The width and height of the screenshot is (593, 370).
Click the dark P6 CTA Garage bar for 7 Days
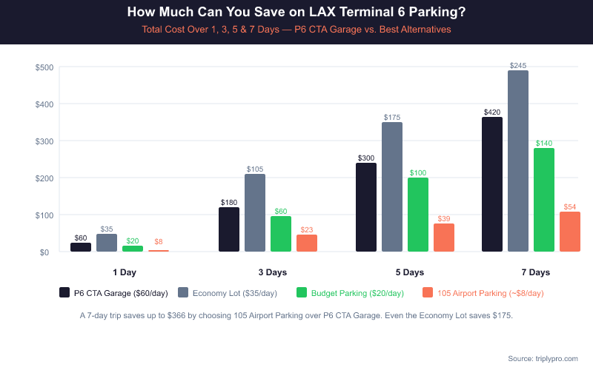point(492,185)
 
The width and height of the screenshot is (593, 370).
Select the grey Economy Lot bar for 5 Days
point(392,187)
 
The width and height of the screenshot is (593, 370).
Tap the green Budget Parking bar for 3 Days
point(281,234)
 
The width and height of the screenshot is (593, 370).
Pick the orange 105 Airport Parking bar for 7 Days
point(570,232)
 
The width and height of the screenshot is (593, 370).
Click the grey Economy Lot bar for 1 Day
point(107,243)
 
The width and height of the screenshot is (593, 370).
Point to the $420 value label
point(492,112)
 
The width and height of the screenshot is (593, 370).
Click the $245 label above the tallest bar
point(518,66)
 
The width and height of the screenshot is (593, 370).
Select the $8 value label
point(159,242)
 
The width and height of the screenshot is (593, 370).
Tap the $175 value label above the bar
point(392,118)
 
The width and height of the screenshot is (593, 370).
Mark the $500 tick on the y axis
point(44,67)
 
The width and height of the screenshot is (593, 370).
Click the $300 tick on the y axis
point(44,141)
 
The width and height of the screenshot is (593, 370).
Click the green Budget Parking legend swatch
point(302,293)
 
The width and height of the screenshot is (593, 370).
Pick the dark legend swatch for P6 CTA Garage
point(64,293)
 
